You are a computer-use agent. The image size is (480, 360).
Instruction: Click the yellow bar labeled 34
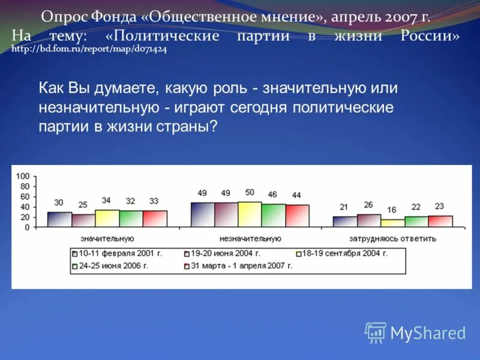107,218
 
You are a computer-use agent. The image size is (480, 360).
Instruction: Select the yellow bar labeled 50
250,214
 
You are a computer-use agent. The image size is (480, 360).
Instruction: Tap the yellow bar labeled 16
392,223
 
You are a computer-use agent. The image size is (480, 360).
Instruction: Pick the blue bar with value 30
59,220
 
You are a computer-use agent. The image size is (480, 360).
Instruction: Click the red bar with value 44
297,216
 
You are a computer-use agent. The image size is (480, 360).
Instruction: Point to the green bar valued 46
273,215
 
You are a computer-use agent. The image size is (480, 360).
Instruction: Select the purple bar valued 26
369,221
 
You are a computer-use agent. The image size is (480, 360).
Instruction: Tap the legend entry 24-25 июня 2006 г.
114,265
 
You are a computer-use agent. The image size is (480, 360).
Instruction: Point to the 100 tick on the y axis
22,176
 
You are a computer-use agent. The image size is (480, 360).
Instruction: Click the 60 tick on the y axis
24,197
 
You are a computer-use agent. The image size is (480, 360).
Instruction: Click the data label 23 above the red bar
439,206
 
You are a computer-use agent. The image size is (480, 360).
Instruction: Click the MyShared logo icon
376,332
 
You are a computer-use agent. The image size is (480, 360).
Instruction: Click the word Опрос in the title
62,17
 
